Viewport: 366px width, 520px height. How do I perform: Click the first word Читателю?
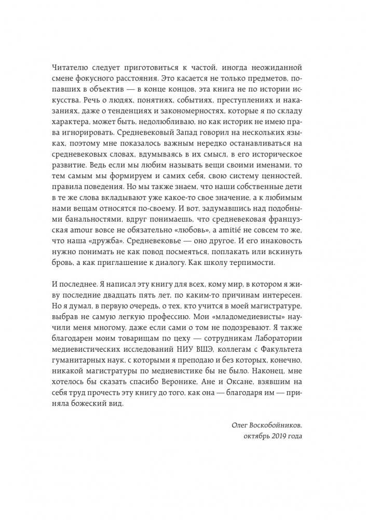[85, 70]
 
